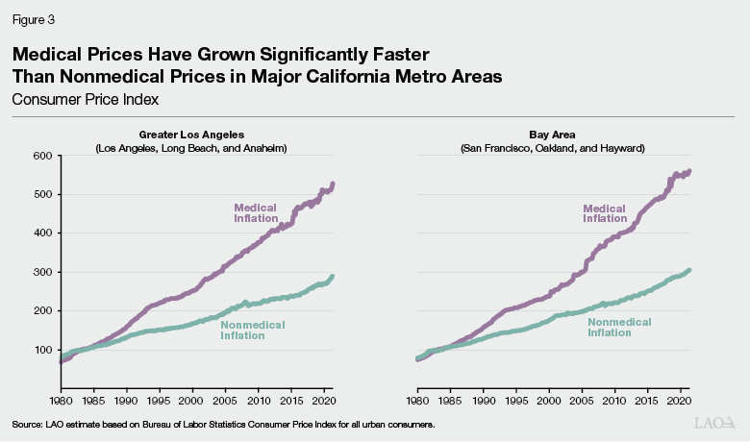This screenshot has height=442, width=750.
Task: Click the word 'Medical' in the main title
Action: (61, 54)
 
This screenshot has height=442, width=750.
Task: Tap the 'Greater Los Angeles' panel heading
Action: (197, 135)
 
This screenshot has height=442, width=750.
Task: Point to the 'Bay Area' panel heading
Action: (552, 135)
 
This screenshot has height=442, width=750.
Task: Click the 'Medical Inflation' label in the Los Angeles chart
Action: (257, 212)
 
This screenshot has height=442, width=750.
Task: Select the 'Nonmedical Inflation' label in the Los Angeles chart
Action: (254, 331)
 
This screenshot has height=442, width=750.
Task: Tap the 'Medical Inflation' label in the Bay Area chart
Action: (605, 212)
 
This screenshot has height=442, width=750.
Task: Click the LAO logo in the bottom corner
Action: (716, 423)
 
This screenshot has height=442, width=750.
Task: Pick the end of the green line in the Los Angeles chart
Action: (333, 277)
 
